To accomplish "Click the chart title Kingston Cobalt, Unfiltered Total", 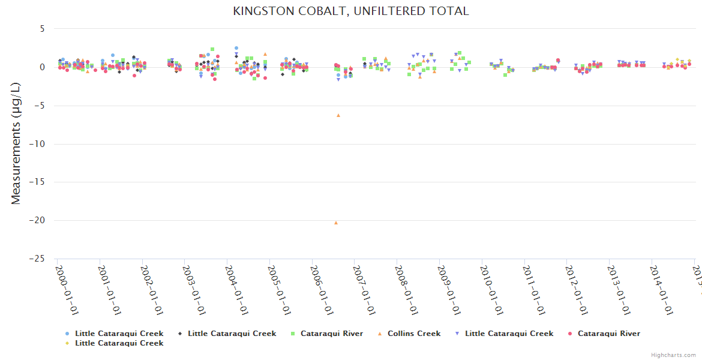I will point(351,11).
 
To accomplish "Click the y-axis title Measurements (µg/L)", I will point(16,143).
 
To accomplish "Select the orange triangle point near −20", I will point(336,223).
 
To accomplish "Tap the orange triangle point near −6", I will point(338,115).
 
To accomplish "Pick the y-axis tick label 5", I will point(42,29).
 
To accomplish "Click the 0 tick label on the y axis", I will point(42,67).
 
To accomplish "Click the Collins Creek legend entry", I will point(413,334).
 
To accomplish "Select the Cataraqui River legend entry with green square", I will point(331,334).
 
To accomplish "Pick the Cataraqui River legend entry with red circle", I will point(608,334).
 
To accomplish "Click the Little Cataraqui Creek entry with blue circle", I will point(119,334).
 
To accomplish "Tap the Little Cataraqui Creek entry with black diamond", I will point(232,334).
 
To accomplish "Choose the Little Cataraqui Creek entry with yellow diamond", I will point(119,343).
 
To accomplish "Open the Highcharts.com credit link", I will point(673,355).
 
